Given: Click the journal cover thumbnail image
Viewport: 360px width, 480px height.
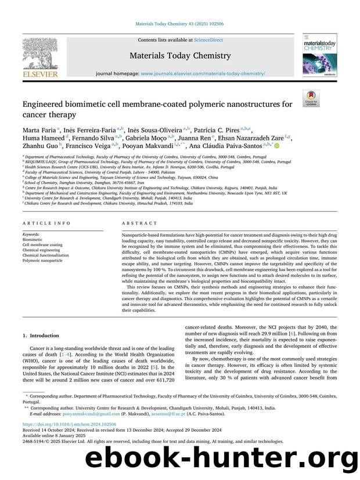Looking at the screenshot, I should pos(315,54).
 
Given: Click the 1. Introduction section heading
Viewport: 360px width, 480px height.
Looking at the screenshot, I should pos(41,335).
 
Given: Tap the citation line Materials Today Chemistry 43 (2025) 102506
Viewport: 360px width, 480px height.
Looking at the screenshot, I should pos(179,23).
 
